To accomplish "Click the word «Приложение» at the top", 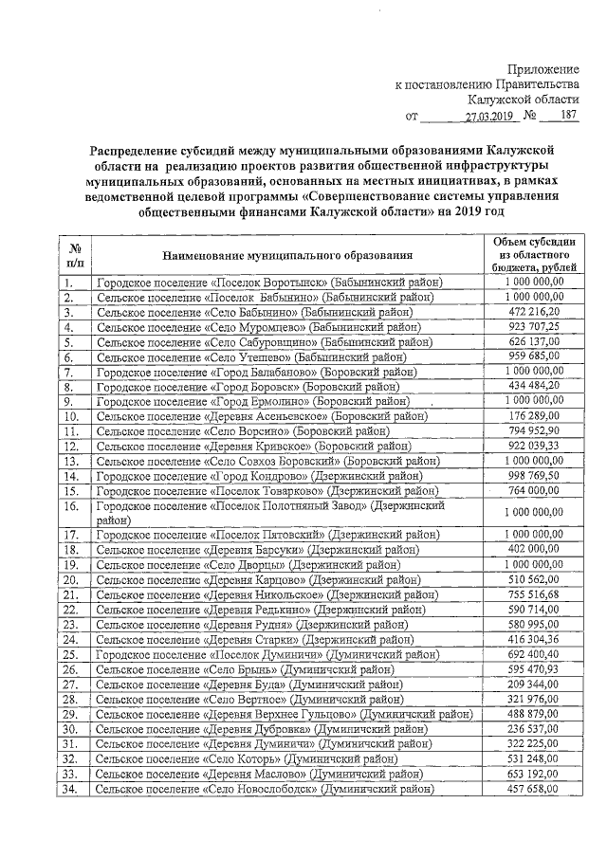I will coord(543,70).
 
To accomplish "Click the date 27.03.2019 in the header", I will coord(487,118).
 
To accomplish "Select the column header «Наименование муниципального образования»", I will coord(287,255).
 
